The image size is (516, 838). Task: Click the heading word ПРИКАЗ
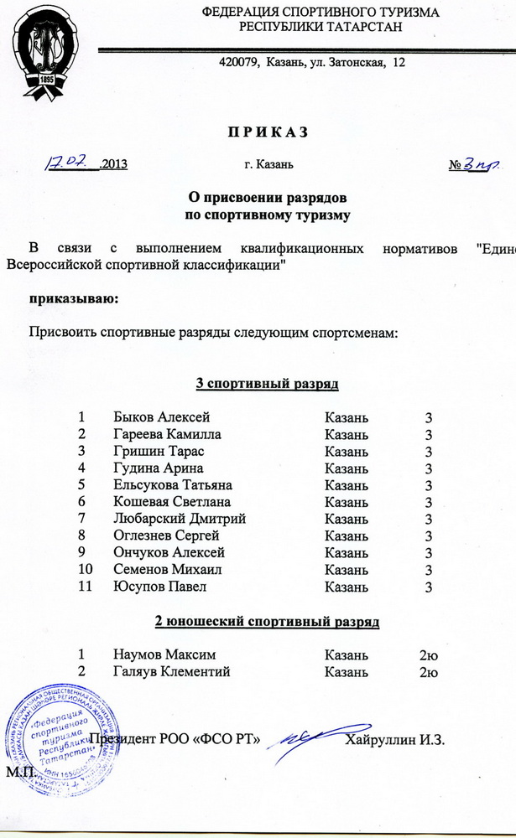point(263,132)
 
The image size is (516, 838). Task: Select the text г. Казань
point(268,164)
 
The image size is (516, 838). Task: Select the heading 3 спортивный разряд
point(267,384)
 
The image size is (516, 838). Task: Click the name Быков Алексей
point(162,417)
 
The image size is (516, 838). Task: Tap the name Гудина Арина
point(158,468)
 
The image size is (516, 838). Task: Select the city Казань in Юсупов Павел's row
point(346,587)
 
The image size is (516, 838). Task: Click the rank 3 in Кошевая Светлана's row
point(428,502)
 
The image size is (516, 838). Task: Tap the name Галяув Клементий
point(171,672)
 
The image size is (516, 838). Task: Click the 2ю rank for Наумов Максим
point(429,654)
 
